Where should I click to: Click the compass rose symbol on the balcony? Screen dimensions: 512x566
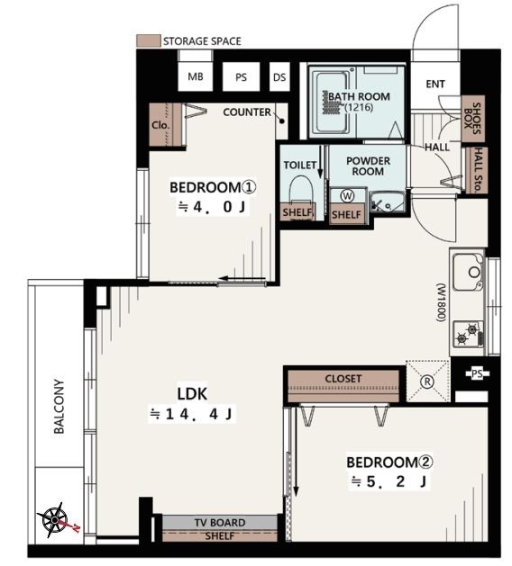[x=55, y=520]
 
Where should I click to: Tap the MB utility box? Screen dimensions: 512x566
[x=196, y=76]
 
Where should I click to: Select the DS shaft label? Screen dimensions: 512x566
[x=279, y=77]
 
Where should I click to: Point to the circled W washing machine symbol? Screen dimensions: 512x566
[x=347, y=196]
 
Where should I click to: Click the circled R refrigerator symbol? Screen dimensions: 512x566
[x=427, y=382]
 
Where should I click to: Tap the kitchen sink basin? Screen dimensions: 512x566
[x=468, y=272]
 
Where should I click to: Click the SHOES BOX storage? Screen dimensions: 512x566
[x=473, y=119]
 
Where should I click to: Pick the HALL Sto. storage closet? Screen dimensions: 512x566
[x=477, y=170]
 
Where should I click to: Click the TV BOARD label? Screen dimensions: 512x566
[x=220, y=522]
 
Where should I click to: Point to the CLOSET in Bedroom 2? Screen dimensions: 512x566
[x=343, y=386]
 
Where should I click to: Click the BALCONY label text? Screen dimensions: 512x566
[x=59, y=406]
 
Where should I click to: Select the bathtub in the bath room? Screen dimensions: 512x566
[x=332, y=103]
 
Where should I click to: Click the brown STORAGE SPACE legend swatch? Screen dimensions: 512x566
[x=148, y=40]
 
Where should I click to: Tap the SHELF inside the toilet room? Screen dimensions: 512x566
[x=297, y=211]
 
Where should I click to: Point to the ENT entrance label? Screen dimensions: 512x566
[x=435, y=84]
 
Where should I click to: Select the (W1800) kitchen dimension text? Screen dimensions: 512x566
[x=442, y=303]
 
